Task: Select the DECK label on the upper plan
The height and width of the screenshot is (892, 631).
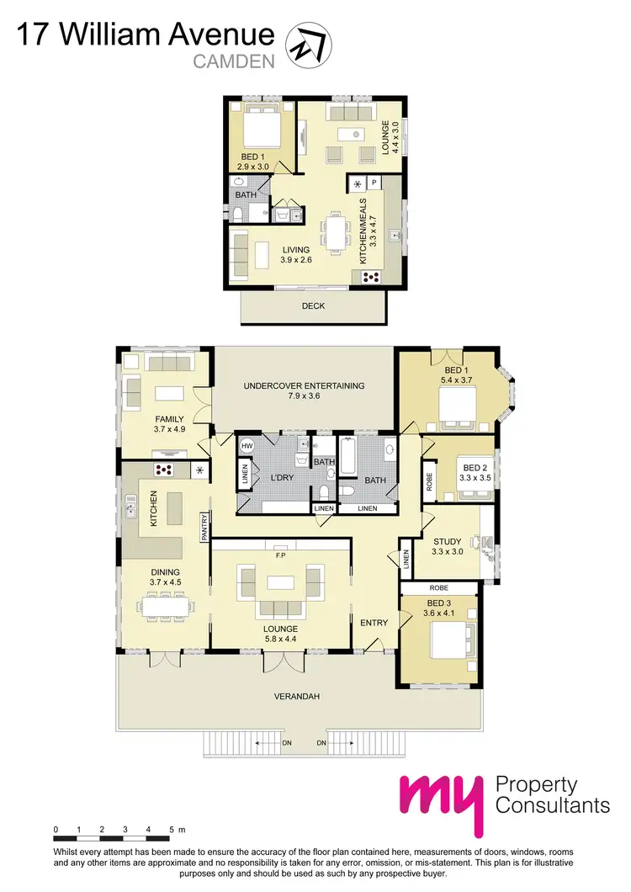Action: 313,306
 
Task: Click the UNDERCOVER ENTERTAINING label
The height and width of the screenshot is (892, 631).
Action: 304,386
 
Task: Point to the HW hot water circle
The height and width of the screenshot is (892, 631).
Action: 247,445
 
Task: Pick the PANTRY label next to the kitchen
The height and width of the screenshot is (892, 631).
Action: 204,526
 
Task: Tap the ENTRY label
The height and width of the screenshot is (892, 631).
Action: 374,623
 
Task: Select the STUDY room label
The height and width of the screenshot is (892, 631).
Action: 447,541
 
